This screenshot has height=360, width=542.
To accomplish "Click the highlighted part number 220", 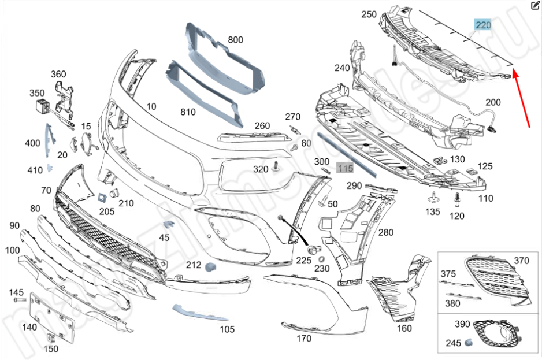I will click(x=483, y=25).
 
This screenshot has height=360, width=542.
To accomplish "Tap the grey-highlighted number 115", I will click(x=345, y=168).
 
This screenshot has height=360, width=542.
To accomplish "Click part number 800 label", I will click(x=235, y=40).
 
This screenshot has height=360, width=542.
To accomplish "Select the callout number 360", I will click(x=58, y=74).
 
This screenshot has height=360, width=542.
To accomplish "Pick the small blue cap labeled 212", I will click(x=210, y=266).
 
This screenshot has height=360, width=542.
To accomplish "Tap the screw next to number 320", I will click(x=277, y=167).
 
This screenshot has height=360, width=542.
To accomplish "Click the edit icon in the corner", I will click(x=534, y=5).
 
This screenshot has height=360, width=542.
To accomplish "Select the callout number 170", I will click(x=304, y=339).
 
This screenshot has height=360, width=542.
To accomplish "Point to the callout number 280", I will click(x=385, y=233).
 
